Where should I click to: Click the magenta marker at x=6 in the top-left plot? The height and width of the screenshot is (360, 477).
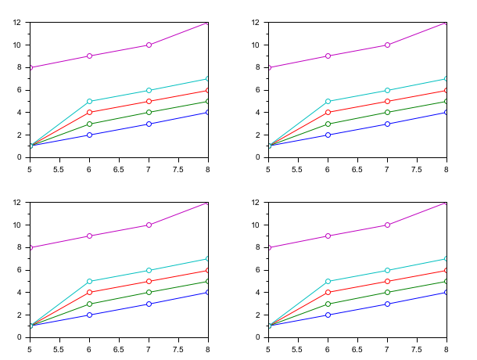(89, 56)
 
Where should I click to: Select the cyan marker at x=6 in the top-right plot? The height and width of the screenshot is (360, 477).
(328, 101)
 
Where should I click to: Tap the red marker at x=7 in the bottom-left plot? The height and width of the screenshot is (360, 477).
(149, 281)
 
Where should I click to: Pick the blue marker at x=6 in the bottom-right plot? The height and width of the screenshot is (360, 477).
(328, 315)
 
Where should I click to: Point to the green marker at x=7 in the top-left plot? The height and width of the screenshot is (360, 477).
(149, 112)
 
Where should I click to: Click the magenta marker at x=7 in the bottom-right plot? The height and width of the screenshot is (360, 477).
(387, 225)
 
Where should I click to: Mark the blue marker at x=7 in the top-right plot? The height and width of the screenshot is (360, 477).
(387, 124)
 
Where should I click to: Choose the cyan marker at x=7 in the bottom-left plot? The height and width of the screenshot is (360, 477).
(149, 270)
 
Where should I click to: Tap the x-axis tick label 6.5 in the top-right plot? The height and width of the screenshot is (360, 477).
(357, 168)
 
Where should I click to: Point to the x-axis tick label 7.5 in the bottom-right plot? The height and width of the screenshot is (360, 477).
(417, 348)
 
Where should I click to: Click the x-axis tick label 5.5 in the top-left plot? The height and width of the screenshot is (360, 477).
(59, 168)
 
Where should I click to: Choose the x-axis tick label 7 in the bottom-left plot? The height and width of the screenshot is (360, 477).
(149, 348)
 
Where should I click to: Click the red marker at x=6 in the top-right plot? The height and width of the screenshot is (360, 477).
(328, 112)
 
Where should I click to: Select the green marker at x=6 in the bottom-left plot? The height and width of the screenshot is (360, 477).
(89, 304)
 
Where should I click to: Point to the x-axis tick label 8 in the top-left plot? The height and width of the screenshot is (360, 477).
(208, 168)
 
